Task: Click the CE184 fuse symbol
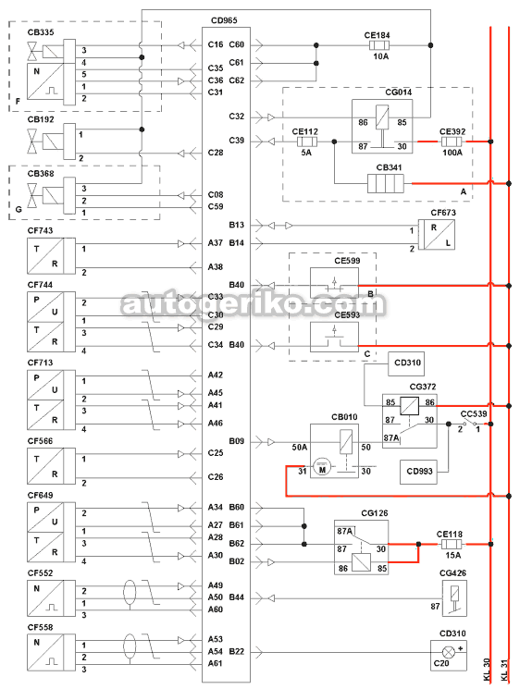tap(379, 45)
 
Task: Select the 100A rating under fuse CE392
tap(452, 153)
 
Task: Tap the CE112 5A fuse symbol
tap(307, 141)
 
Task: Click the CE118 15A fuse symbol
tap(452, 545)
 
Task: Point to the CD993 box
tap(418, 472)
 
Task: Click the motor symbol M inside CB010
tap(322, 468)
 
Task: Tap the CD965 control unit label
tap(224, 20)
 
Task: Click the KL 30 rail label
tap(487, 670)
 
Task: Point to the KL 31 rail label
tap(504, 670)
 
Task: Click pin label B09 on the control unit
tap(237, 441)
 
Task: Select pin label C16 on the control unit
tap(216, 44)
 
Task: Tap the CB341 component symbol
tap(386, 184)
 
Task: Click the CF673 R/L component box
tap(436, 235)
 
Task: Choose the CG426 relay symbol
tap(454, 598)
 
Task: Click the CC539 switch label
tap(474, 414)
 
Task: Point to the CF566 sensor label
tap(40, 441)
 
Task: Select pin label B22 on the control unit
tap(237, 651)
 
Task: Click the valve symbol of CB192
tap(32, 141)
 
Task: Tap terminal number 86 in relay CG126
tap(343, 568)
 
